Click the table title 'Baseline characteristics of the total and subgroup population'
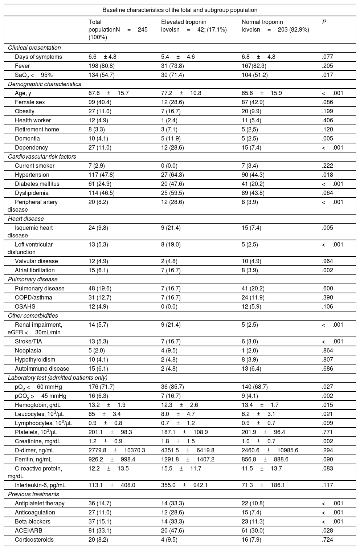point(180,10)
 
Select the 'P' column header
point(324,22)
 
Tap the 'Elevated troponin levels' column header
point(194,26)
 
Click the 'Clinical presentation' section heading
point(34,48)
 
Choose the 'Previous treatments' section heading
point(33,494)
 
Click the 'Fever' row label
point(22,66)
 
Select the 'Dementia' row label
point(27,138)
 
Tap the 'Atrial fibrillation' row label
point(35,270)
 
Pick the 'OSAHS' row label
point(25,306)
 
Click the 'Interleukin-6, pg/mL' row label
point(40,485)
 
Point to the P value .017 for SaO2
point(327,75)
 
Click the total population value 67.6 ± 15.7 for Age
point(109,93)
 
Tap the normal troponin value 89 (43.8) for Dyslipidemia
point(253,193)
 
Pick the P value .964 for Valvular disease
point(327,261)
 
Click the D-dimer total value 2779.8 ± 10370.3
point(116,450)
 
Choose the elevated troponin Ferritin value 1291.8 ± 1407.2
point(188,459)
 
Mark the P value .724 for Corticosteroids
point(327,539)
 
